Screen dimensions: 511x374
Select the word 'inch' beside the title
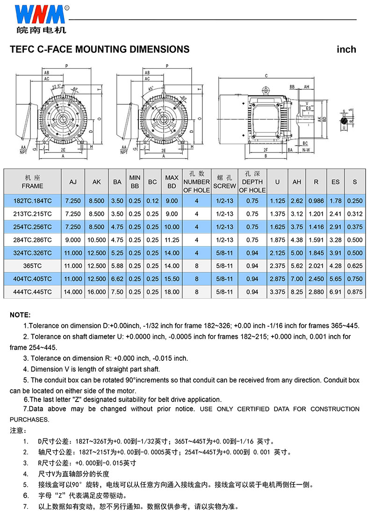tap(346, 49)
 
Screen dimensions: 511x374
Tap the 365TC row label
tap(32, 266)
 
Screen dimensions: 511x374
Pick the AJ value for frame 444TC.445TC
tap(73, 292)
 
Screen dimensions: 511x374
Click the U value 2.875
tap(277, 279)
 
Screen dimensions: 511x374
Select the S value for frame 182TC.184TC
tap(354, 201)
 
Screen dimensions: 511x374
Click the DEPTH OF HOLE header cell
tap(252, 182)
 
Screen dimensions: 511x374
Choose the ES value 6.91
tap(335, 292)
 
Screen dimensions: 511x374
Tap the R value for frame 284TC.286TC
tap(316, 240)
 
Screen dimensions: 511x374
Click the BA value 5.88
tap(117, 266)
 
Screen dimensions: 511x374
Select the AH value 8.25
tap(297, 292)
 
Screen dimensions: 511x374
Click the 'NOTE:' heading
tap(20, 315)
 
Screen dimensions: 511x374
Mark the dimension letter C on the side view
tap(266, 76)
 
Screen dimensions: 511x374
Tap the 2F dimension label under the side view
tap(266, 150)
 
